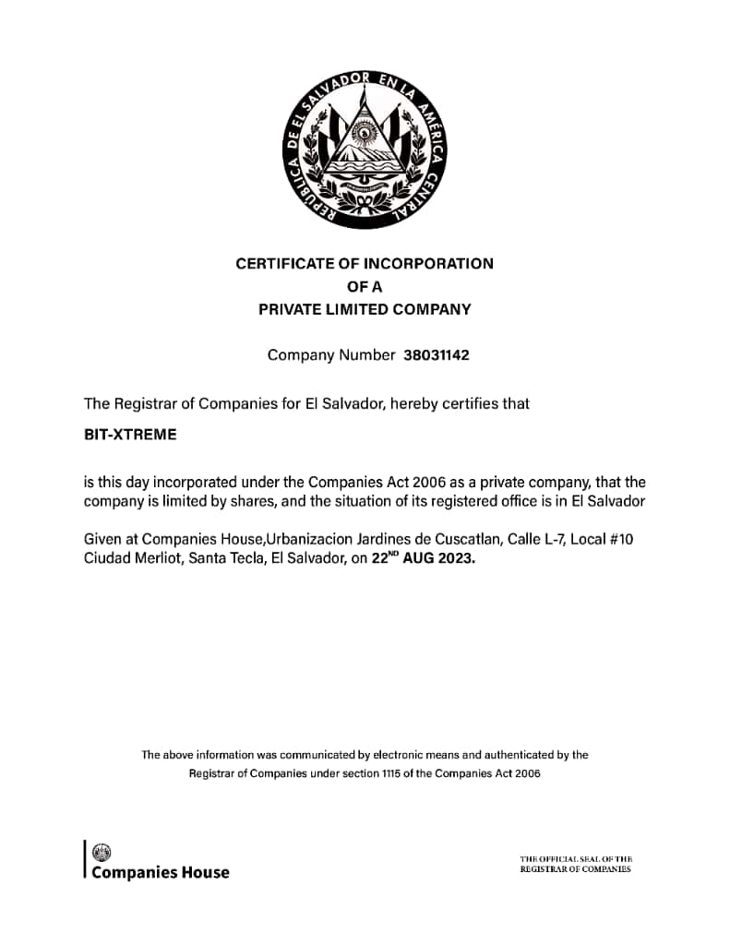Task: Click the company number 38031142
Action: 437,354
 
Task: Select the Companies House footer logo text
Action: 160,872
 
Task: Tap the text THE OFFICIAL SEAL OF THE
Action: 575,859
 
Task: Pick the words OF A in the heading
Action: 365,286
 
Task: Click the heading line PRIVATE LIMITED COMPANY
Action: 365,309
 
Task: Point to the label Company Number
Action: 330,354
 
